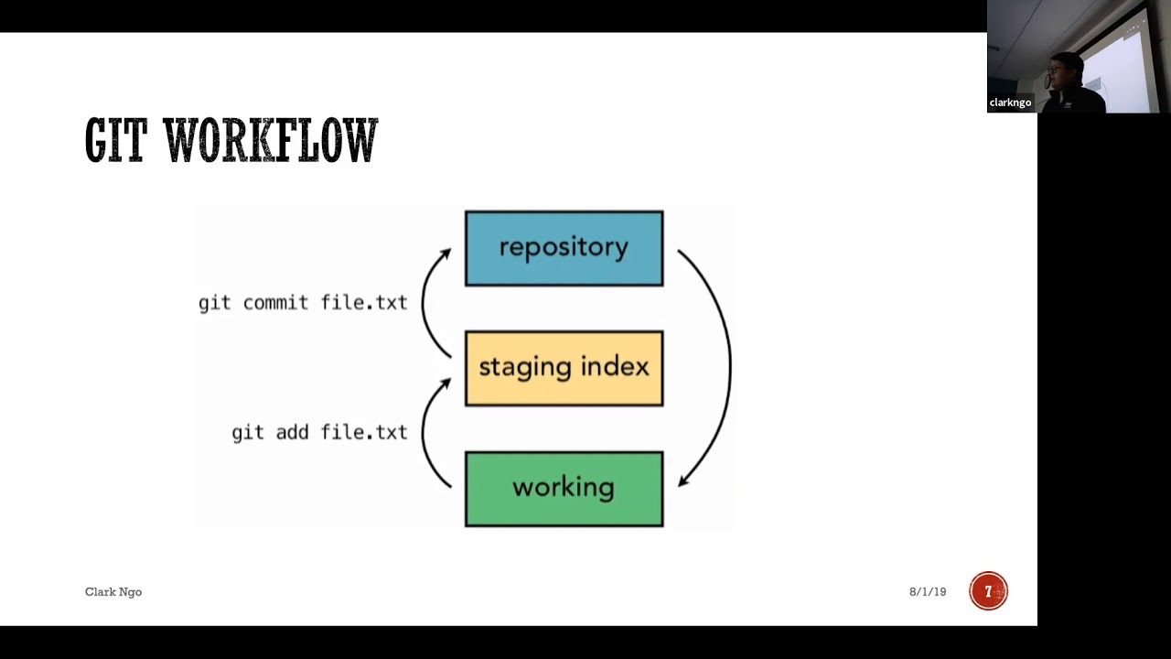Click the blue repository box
click(x=564, y=249)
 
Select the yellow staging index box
click(x=564, y=368)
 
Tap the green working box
click(x=564, y=489)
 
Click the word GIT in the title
click(x=115, y=141)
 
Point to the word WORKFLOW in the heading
click(x=271, y=141)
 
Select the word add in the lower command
click(x=293, y=432)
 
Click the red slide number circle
click(x=988, y=591)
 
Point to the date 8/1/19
click(x=927, y=592)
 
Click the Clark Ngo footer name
click(x=113, y=592)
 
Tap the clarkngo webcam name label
click(x=1010, y=103)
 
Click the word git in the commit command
click(x=214, y=303)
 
